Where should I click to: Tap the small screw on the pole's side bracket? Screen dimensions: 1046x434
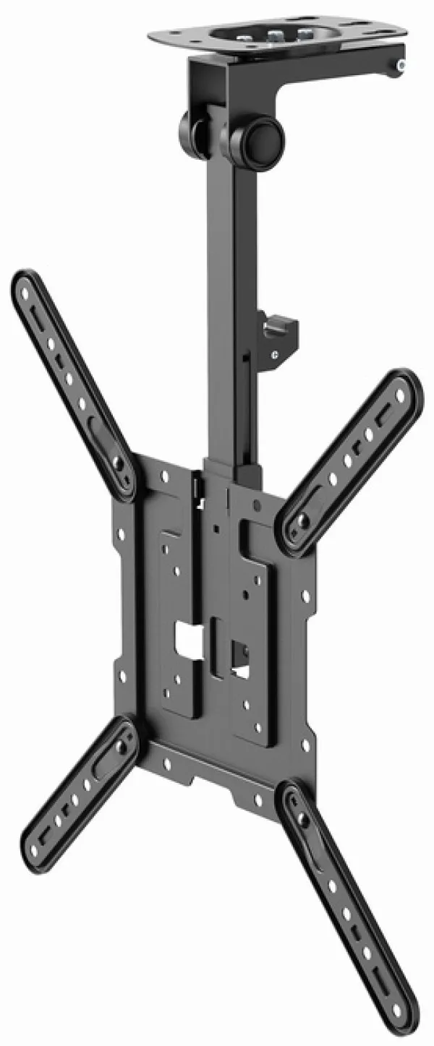275,354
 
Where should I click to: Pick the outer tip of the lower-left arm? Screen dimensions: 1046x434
33,846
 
